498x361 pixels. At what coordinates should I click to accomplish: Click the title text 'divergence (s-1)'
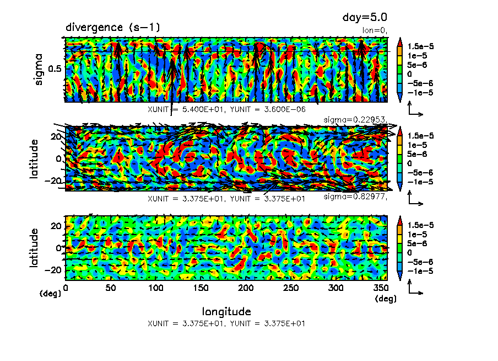click(x=113, y=27)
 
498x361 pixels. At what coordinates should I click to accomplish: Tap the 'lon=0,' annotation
click(x=375, y=30)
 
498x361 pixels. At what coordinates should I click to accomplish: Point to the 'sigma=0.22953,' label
click(x=356, y=119)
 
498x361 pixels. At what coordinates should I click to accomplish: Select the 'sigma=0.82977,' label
click(x=356, y=197)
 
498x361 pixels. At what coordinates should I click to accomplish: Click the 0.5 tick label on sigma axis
click(x=55, y=69)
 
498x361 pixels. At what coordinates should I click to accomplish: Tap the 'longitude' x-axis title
click(x=226, y=311)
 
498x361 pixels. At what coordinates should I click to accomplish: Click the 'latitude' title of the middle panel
click(x=35, y=158)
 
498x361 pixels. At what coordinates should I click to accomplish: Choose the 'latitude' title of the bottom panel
click(x=35, y=247)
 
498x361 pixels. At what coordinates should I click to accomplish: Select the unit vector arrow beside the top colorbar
click(x=415, y=111)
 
